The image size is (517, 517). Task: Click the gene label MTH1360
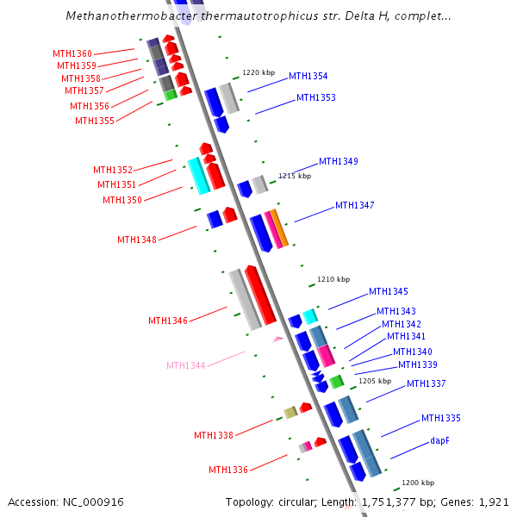click(x=72, y=53)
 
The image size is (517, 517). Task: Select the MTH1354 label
click(x=308, y=76)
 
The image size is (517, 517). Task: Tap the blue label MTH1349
click(x=338, y=161)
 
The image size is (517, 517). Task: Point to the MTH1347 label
click(x=354, y=205)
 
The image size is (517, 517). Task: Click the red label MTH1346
click(x=167, y=321)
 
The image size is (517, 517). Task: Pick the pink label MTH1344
click(x=185, y=365)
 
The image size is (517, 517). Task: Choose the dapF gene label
click(x=439, y=440)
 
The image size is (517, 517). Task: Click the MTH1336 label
click(x=227, y=470)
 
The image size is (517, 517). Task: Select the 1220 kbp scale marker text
click(x=258, y=72)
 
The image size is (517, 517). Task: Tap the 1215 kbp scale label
click(x=295, y=176)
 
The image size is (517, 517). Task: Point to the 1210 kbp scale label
click(x=333, y=279)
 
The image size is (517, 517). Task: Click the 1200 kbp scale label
click(x=418, y=483)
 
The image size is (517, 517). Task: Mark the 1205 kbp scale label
click(x=375, y=380)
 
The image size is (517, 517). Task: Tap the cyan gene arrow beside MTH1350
click(x=198, y=175)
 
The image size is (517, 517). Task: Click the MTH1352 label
click(x=113, y=170)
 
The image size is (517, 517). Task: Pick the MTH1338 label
click(x=213, y=435)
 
